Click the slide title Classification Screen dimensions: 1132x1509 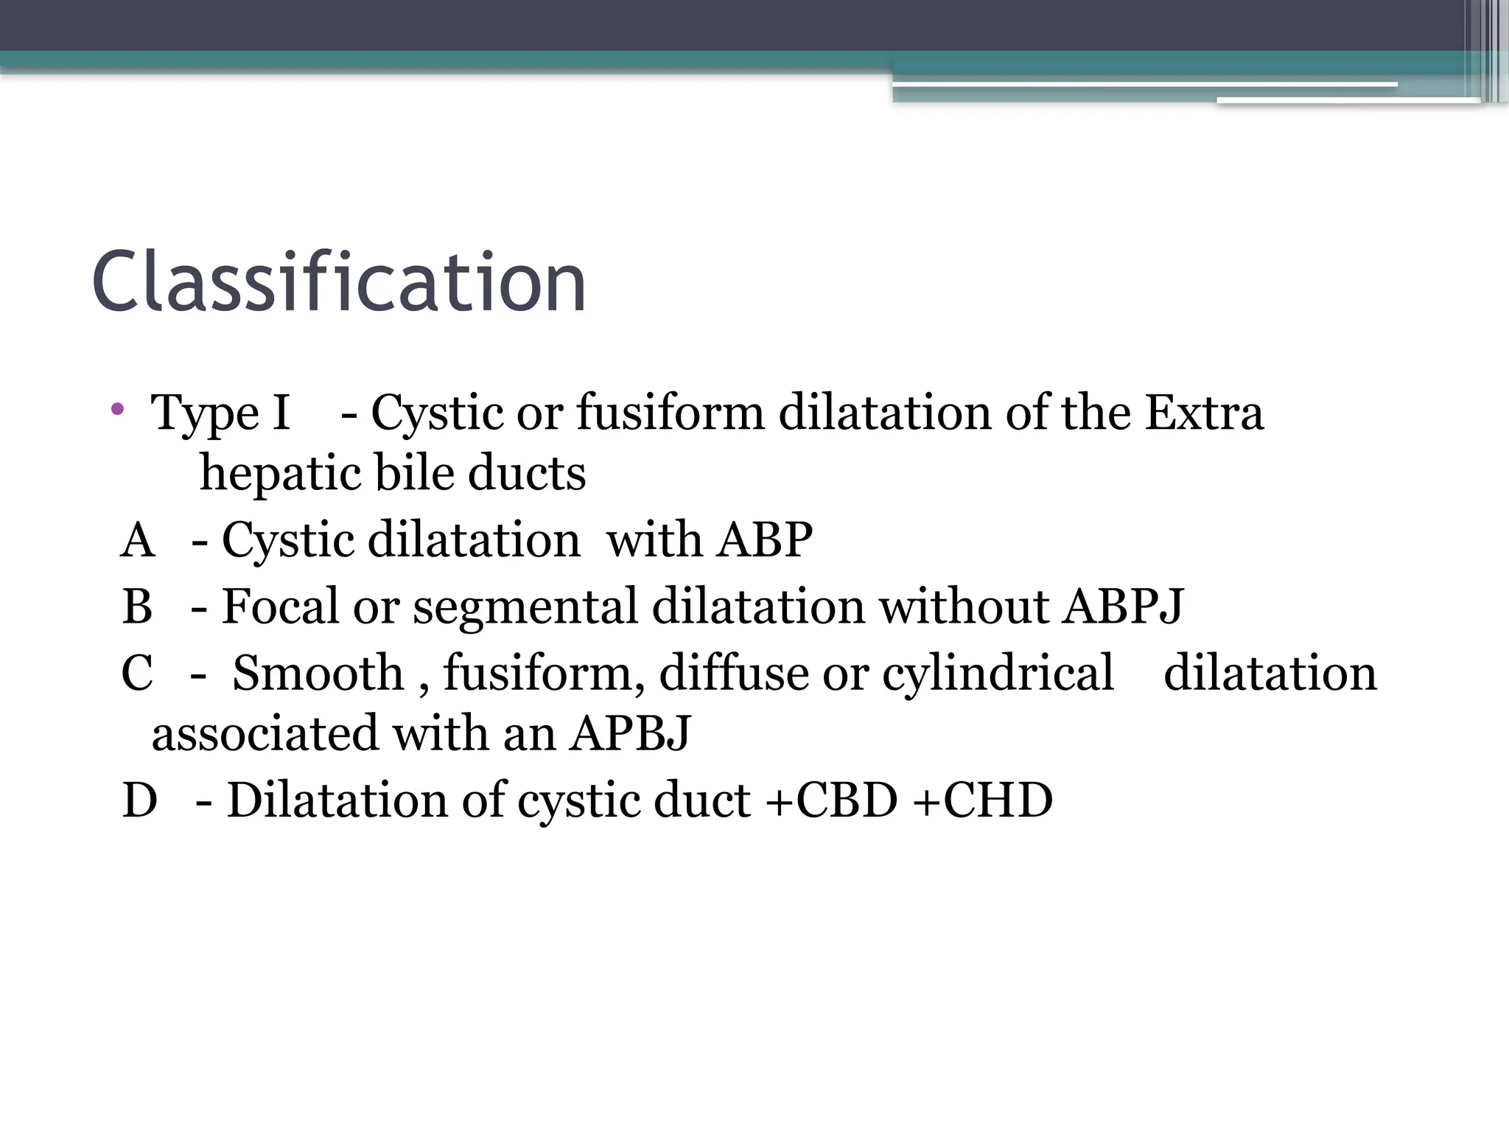click(x=339, y=282)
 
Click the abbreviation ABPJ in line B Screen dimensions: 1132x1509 click(x=1121, y=607)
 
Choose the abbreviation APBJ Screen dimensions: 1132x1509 click(x=630, y=734)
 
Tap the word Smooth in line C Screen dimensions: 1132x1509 click(x=318, y=673)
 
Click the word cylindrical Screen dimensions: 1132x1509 click(x=998, y=674)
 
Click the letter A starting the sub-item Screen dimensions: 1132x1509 click(x=138, y=540)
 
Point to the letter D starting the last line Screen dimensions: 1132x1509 click(x=139, y=800)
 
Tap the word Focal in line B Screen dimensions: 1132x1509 click(x=281, y=607)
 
